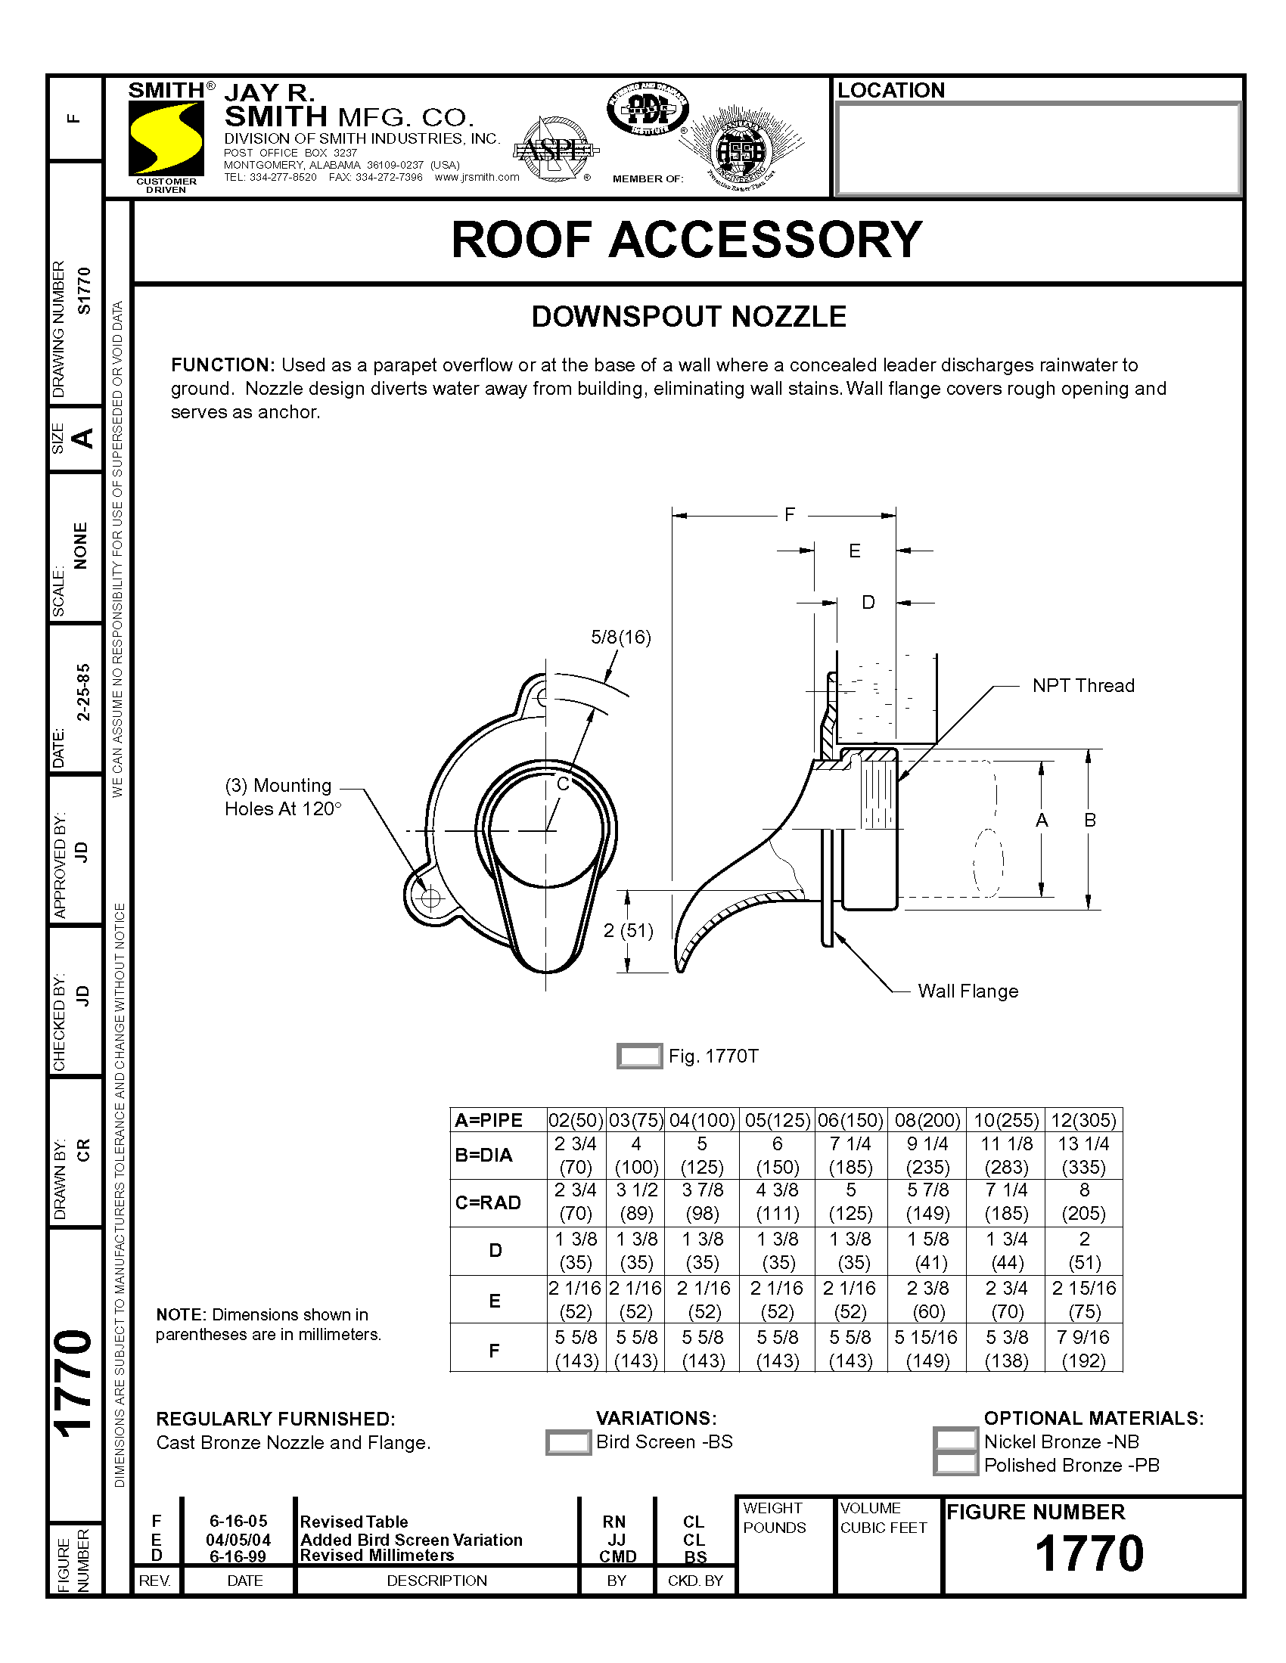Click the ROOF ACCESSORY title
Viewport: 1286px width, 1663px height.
point(686,240)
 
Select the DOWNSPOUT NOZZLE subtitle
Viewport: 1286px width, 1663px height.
point(688,317)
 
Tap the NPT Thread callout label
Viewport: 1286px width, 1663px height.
point(1083,685)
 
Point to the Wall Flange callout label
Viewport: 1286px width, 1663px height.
point(968,991)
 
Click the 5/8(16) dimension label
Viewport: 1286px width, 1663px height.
point(621,638)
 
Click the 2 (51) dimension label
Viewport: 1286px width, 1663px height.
point(628,930)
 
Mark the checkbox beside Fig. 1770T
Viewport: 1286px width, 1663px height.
point(639,1056)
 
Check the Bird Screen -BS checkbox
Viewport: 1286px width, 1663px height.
point(568,1442)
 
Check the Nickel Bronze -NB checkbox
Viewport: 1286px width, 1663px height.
point(955,1439)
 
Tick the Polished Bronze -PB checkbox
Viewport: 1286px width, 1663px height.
point(955,1463)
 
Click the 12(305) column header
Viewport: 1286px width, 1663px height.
point(1083,1120)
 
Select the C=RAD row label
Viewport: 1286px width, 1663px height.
point(489,1202)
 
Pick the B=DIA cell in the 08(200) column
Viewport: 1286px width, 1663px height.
point(927,1155)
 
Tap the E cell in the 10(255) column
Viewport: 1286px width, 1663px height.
point(1006,1300)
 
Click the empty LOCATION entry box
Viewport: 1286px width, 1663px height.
point(1038,149)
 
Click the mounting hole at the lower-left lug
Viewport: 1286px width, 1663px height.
point(430,898)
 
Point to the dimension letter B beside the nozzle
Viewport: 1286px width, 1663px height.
point(1090,820)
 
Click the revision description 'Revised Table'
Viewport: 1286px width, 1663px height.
point(354,1522)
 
